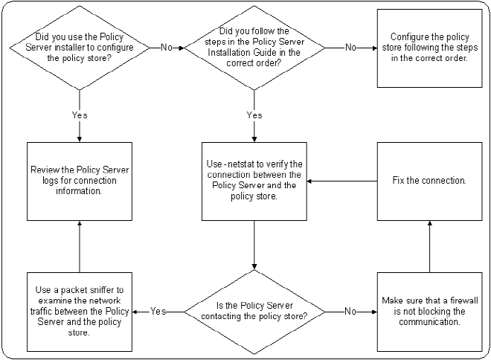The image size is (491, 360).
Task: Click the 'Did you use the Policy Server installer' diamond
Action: pyautogui.click(x=79, y=48)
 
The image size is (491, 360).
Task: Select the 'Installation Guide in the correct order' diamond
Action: pyautogui.click(x=254, y=48)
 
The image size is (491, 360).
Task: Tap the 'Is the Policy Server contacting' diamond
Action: pyautogui.click(x=254, y=312)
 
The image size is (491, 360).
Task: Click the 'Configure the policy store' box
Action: pyautogui.click(x=428, y=48)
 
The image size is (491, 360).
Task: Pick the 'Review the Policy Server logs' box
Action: pyautogui.click(x=79, y=181)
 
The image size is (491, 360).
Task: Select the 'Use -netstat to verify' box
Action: pyautogui.click(x=254, y=181)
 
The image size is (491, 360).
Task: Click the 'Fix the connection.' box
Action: pyautogui.click(x=428, y=181)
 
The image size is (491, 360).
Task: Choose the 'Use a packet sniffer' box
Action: pyautogui.click(x=79, y=312)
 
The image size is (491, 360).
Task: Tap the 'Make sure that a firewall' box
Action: pyautogui.click(x=428, y=312)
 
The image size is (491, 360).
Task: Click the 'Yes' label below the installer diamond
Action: pyautogui.click(x=79, y=115)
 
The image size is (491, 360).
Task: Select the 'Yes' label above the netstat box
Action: pyautogui.click(x=254, y=115)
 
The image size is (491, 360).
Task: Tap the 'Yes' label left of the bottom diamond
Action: pyautogui.click(x=158, y=312)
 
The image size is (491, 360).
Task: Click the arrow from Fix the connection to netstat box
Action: pyautogui.click(x=342, y=181)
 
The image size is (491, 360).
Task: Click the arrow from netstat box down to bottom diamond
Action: pyautogui.click(x=254, y=245)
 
